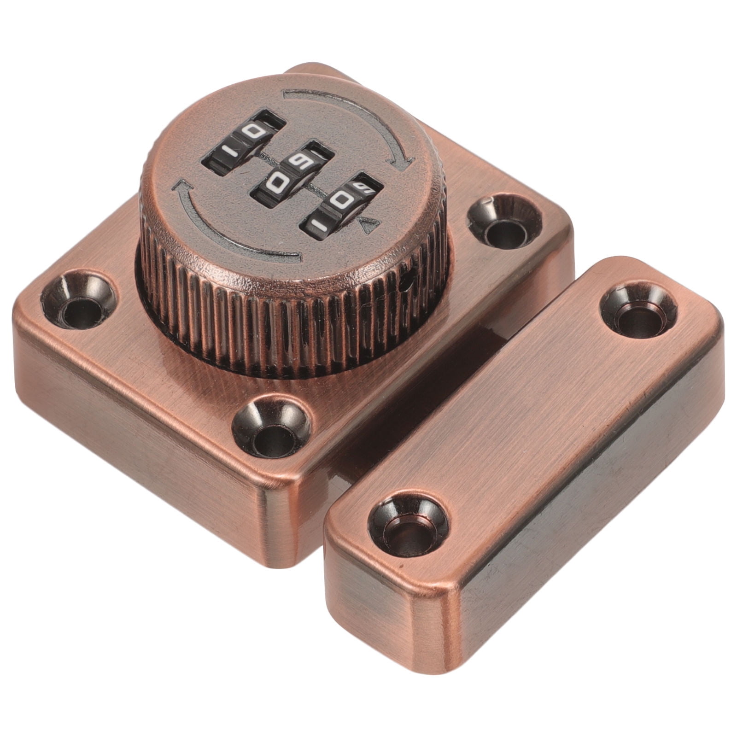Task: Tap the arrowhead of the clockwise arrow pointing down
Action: (401, 163)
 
